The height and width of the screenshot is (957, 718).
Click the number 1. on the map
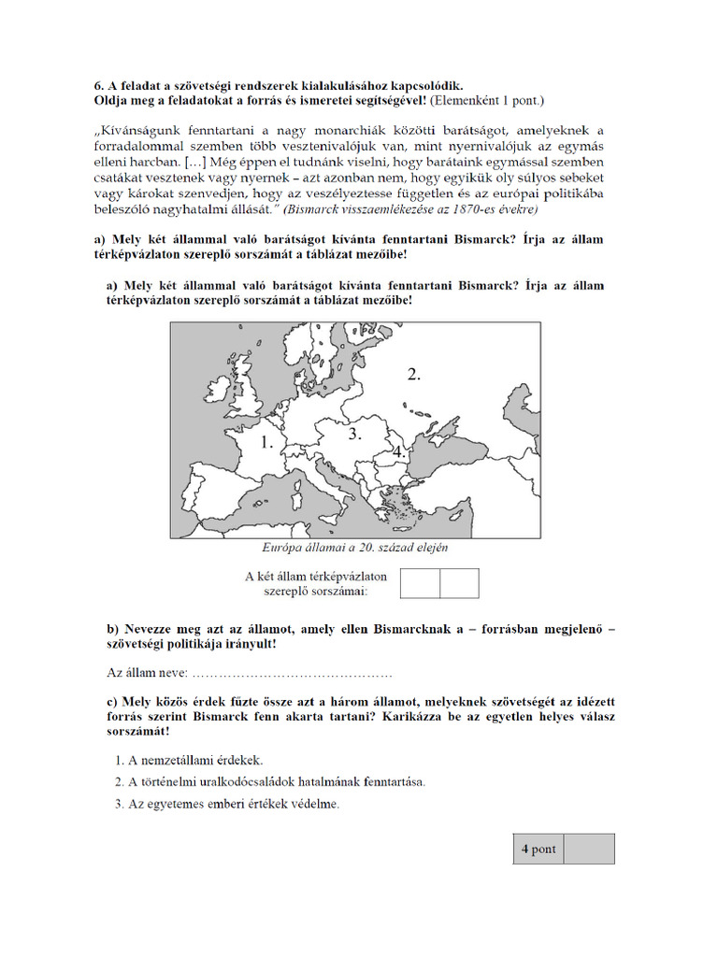pos(267,443)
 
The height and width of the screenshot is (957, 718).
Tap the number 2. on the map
pos(414,374)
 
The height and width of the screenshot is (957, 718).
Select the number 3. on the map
pos(354,435)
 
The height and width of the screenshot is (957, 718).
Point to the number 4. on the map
pos(399,451)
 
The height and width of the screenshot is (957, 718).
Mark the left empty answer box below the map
pos(420,583)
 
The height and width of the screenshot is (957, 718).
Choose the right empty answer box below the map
pos(459,583)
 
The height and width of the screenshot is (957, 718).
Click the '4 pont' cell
pos(538,849)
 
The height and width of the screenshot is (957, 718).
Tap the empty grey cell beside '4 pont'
pos(590,849)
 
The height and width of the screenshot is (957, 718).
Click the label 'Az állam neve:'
pos(147,673)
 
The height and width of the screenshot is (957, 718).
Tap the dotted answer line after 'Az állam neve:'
pos(291,674)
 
